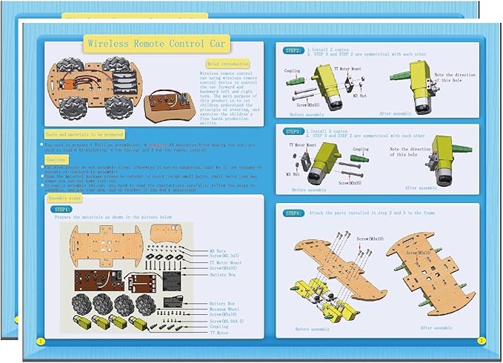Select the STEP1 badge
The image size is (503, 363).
point(61,210)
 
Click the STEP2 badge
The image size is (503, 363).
point(293,50)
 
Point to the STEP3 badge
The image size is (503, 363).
point(293,130)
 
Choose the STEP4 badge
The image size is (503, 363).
point(293,213)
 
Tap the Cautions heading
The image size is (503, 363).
point(58,159)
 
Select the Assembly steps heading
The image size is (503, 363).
point(64,198)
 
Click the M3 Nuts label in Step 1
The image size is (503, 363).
point(218,251)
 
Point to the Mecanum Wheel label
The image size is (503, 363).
point(224,308)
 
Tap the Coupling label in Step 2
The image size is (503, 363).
point(293,71)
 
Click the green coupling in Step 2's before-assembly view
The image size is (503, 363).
point(296,81)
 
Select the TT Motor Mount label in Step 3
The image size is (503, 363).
point(302,145)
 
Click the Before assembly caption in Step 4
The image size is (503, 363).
point(313,329)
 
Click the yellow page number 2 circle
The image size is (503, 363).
point(481,340)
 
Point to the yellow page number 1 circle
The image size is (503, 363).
point(39,341)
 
